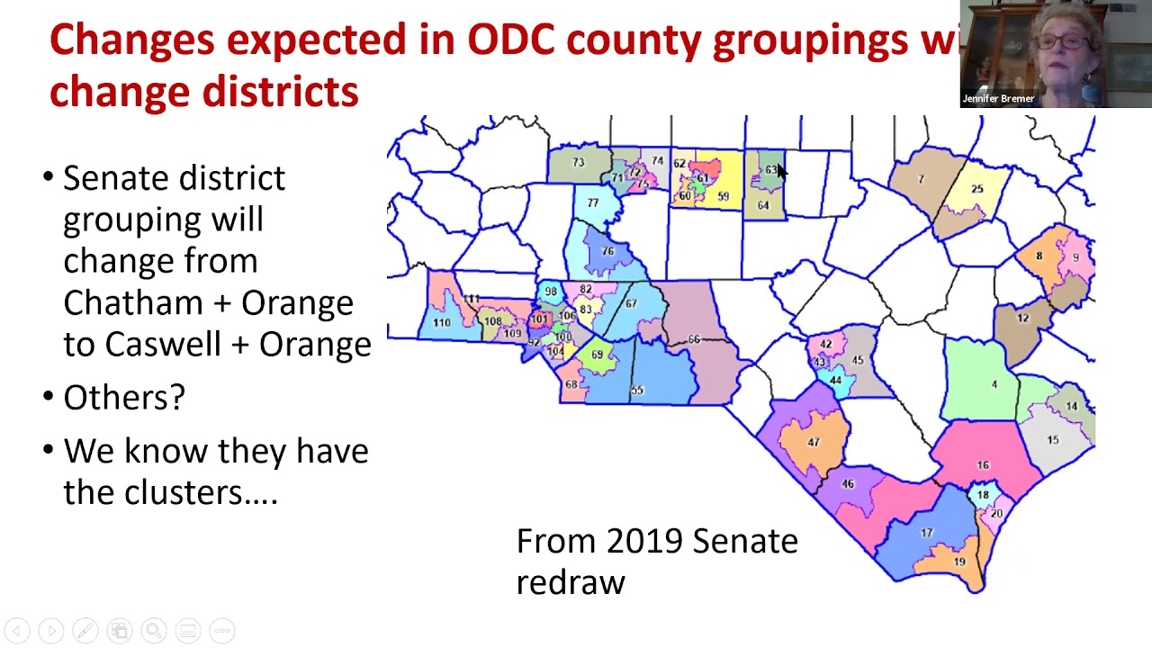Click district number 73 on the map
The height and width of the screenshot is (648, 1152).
pos(578,163)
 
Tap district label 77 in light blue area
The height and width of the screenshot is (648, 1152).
pos(592,202)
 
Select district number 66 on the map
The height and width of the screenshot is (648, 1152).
pos(694,339)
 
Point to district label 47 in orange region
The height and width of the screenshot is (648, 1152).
pos(814,442)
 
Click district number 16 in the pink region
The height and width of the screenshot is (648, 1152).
pos(983,464)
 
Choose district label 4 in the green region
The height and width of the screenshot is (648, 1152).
pos(994,385)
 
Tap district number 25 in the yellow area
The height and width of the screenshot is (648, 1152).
pos(976,189)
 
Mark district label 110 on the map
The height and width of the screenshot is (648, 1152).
pos(441,323)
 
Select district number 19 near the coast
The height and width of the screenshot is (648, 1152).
pos(959,562)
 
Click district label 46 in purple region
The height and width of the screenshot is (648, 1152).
pos(847,484)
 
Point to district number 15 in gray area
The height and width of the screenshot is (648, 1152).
pos(1052,440)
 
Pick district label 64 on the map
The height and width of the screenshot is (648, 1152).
pos(763,206)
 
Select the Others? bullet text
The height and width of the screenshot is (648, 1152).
pos(123,397)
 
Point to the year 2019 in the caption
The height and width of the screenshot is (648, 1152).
pos(643,541)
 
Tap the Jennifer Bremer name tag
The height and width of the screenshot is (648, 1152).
pos(998,99)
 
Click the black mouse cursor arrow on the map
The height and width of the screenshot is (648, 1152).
pos(781,173)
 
